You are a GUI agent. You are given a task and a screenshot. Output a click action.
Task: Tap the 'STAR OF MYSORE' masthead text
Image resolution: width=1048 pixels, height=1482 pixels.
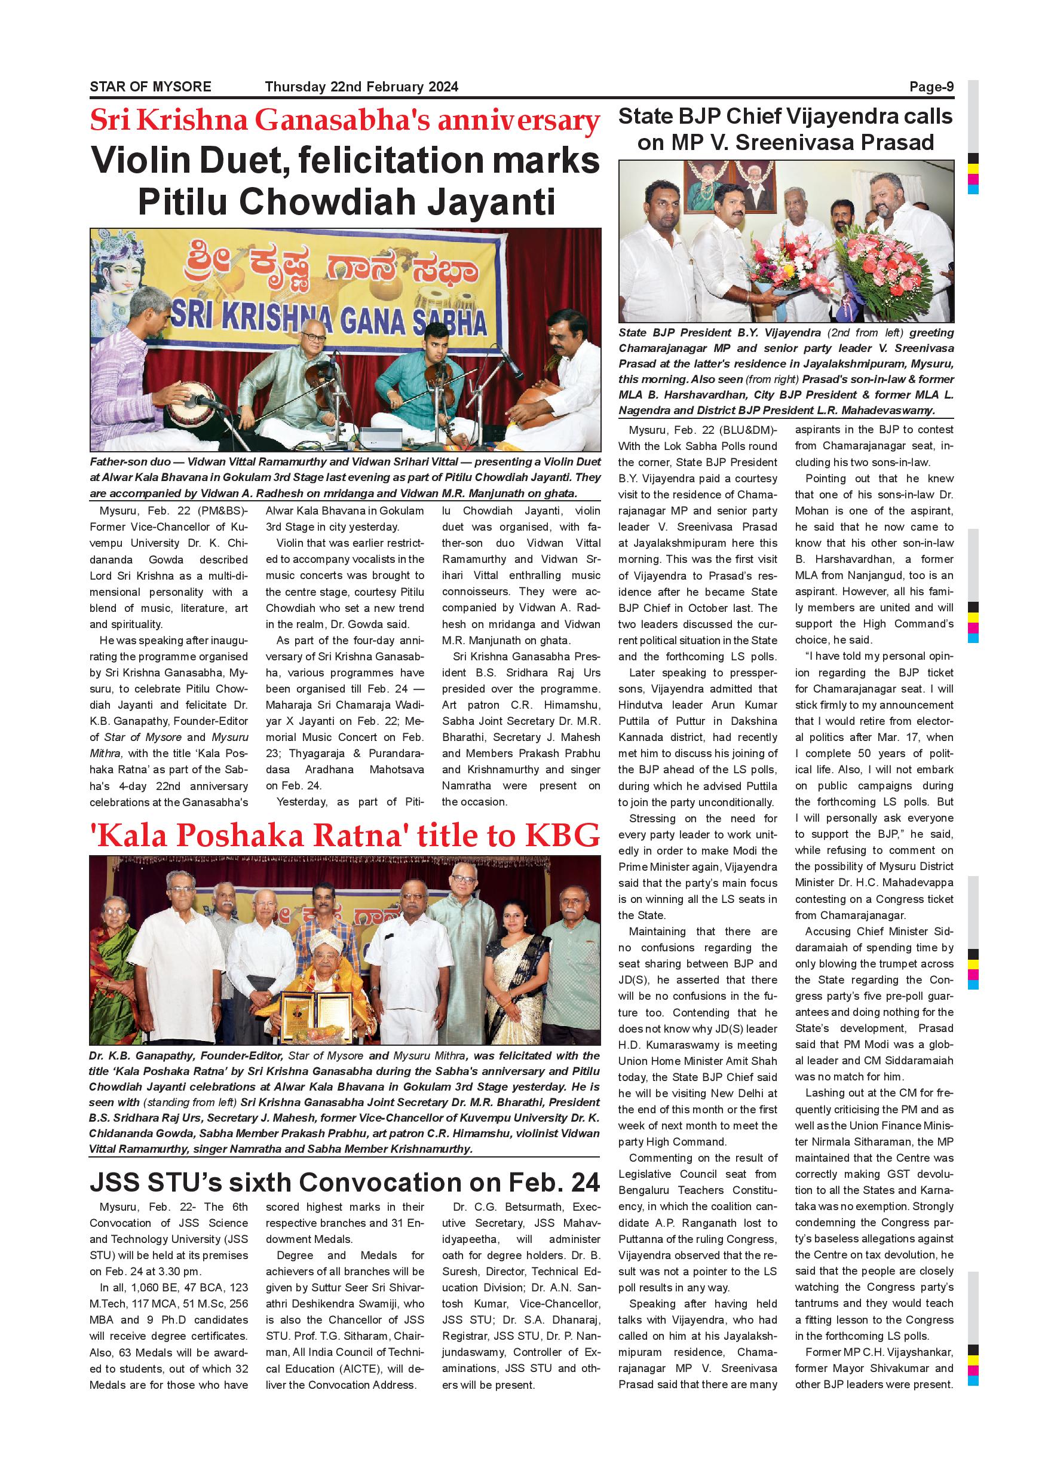coord(151,87)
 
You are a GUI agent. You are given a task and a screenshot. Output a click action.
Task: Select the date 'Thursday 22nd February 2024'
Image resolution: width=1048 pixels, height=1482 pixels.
coord(361,87)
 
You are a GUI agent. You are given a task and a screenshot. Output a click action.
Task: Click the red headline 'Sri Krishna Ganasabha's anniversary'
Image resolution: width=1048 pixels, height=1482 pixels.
coord(345,121)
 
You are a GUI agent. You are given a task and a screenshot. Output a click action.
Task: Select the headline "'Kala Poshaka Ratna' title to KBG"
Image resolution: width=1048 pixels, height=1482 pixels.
coord(345,836)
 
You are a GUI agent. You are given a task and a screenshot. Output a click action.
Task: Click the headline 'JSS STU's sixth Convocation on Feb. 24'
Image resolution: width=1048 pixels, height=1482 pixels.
coord(345,1183)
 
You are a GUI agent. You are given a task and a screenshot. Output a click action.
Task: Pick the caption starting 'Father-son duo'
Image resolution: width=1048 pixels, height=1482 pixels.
coord(345,477)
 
